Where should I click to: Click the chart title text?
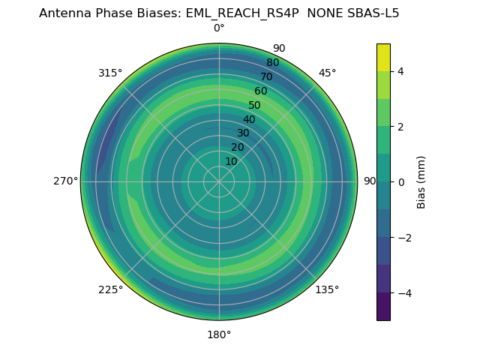click(219, 13)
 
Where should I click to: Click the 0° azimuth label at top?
click(219, 28)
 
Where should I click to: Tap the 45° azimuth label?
click(327, 73)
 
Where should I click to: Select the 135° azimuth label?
click(327, 289)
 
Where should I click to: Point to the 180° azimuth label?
click(219, 334)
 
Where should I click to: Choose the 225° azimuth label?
click(110, 289)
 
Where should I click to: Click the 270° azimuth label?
click(65, 181)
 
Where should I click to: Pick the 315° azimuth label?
click(110, 73)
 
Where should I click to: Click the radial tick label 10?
click(232, 162)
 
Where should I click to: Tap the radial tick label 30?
click(243, 133)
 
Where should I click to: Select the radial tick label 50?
click(255, 106)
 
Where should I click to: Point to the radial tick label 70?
click(266, 77)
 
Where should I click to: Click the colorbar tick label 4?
click(401, 71)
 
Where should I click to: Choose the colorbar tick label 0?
click(401, 182)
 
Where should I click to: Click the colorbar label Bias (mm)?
click(421, 182)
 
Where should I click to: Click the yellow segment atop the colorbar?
click(383, 57)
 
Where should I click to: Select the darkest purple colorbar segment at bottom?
click(383, 307)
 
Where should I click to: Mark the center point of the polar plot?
click(219, 181)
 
